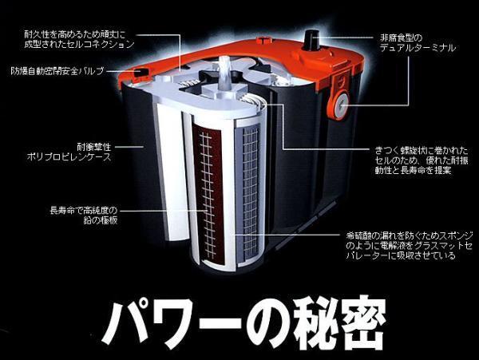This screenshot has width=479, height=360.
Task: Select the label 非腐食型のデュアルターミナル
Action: point(418,42)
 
